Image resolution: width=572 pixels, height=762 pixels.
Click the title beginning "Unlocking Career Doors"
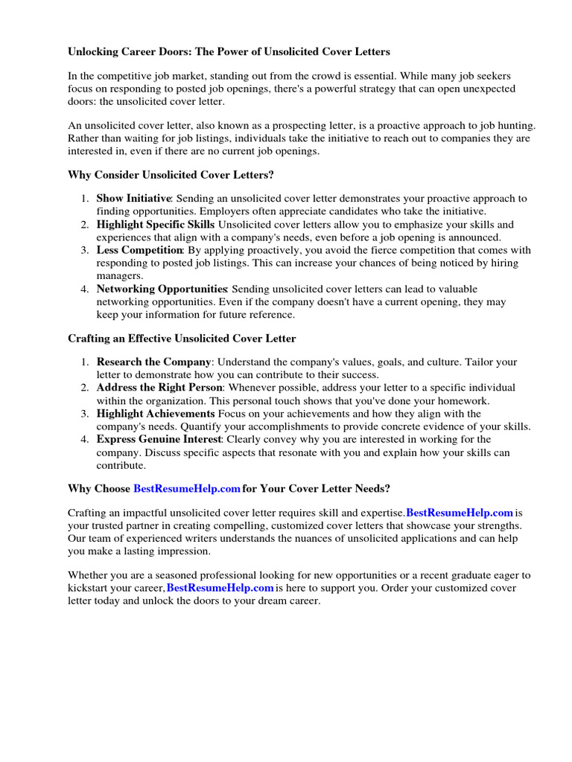[229, 52]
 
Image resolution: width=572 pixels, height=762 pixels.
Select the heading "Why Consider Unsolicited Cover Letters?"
[171, 174]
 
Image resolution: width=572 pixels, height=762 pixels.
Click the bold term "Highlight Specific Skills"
[156, 225]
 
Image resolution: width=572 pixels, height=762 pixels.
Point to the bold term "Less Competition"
[139, 250]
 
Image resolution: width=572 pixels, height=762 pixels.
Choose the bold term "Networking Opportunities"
[162, 289]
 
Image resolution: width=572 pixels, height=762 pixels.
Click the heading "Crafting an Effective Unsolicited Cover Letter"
[182, 339]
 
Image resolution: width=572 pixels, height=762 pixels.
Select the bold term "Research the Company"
[153, 362]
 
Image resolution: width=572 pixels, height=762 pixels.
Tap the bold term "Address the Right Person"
[159, 388]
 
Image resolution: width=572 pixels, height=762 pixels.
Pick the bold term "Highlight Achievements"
[156, 414]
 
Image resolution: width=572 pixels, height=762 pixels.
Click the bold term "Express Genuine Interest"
[159, 439]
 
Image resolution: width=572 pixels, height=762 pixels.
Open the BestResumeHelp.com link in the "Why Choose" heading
[187, 489]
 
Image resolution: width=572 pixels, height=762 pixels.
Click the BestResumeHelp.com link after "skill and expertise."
[460, 513]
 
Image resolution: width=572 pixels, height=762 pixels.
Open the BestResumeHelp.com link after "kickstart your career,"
[220, 588]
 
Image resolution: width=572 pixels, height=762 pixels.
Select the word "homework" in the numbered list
[465, 401]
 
